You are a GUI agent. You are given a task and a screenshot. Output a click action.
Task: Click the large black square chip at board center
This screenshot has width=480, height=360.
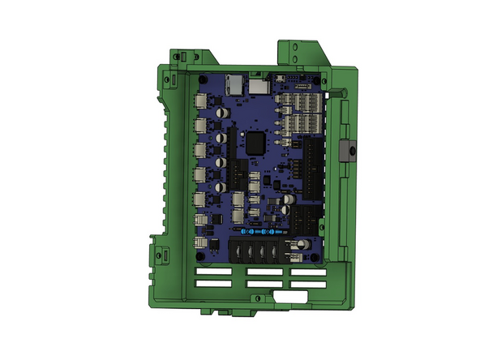tap(255, 142)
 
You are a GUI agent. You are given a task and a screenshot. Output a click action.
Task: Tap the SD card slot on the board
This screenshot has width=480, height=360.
tap(235, 82)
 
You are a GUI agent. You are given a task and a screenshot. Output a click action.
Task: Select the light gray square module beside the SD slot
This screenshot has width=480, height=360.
tap(258, 84)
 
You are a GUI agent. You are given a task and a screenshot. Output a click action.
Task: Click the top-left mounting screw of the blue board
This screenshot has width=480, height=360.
tap(202, 79)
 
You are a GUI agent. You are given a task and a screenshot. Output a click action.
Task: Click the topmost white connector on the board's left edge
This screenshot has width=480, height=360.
tap(200, 101)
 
